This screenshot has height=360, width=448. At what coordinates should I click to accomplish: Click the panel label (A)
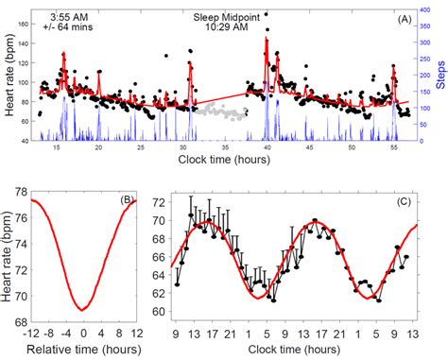[x=402, y=18]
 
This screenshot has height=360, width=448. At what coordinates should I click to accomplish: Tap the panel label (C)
[x=403, y=199]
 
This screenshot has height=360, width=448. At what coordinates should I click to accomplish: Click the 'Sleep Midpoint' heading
[x=226, y=16]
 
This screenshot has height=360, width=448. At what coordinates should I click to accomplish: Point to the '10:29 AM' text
[x=226, y=27]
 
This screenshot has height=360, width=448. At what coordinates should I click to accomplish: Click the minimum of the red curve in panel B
[x=84, y=309]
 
